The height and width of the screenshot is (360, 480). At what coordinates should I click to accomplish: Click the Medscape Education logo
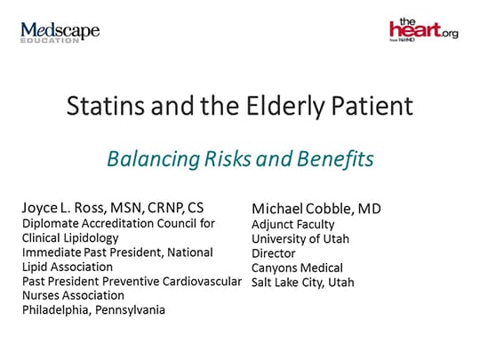pyautogui.click(x=60, y=33)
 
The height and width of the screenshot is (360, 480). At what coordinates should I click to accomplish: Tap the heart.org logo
pyautogui.click(x=423, y=30)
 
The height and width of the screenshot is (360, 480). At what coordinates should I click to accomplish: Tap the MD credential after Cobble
pyautogui.click(x=370, y=209)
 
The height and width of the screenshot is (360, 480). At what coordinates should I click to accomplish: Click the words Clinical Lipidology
pyautogui.click(x=75, y=238)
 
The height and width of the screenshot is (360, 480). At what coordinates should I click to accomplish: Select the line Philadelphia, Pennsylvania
pyautogui.click(x=93, y=309)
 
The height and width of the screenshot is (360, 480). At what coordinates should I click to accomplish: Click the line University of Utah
pyautogui.click(x=300, y=238)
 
